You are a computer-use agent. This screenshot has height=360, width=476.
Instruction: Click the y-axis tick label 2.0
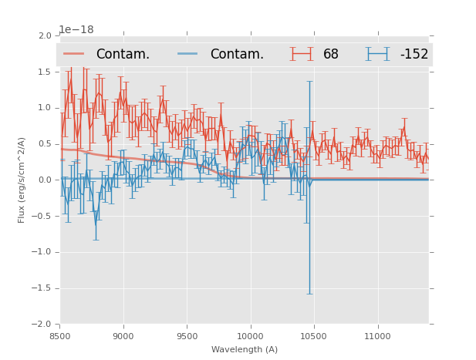pos(45,36)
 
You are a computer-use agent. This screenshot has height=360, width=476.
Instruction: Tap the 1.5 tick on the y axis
pos(45,72)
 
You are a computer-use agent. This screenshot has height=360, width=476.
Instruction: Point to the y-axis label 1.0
pos(45,108)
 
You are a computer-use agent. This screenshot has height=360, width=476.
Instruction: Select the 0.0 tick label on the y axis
pos(45,180)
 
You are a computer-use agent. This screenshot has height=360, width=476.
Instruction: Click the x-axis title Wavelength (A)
pos(245,349)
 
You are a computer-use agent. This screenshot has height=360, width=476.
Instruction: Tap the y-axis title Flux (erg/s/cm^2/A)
pos(22,180)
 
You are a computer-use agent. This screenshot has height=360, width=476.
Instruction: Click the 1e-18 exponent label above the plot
pos(76,30)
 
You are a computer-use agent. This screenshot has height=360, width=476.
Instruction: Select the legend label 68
pos(331,55)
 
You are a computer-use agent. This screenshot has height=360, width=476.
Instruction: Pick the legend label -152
pos(414,55)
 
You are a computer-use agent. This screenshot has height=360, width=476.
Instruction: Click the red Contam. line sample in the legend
pos(74,54)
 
